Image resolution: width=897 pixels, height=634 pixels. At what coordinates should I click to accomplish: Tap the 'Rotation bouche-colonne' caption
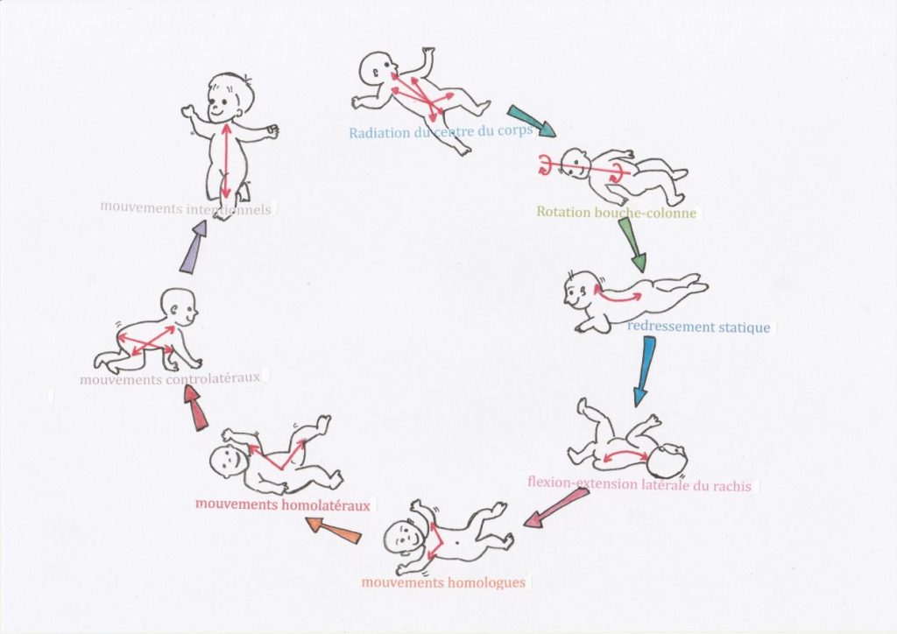click(x=617, y=212)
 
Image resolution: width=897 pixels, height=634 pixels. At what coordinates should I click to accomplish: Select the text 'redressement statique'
click(x=698, y=328)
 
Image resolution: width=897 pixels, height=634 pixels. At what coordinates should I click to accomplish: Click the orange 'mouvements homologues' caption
click(x=443, y=582)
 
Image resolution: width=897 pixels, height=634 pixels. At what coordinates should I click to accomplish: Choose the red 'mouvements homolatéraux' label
click(x=283, y=505)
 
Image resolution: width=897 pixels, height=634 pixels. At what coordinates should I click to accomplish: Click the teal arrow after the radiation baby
click(x=531, y=122)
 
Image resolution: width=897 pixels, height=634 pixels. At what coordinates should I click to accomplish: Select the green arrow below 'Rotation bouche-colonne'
click(x=632, y=244)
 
